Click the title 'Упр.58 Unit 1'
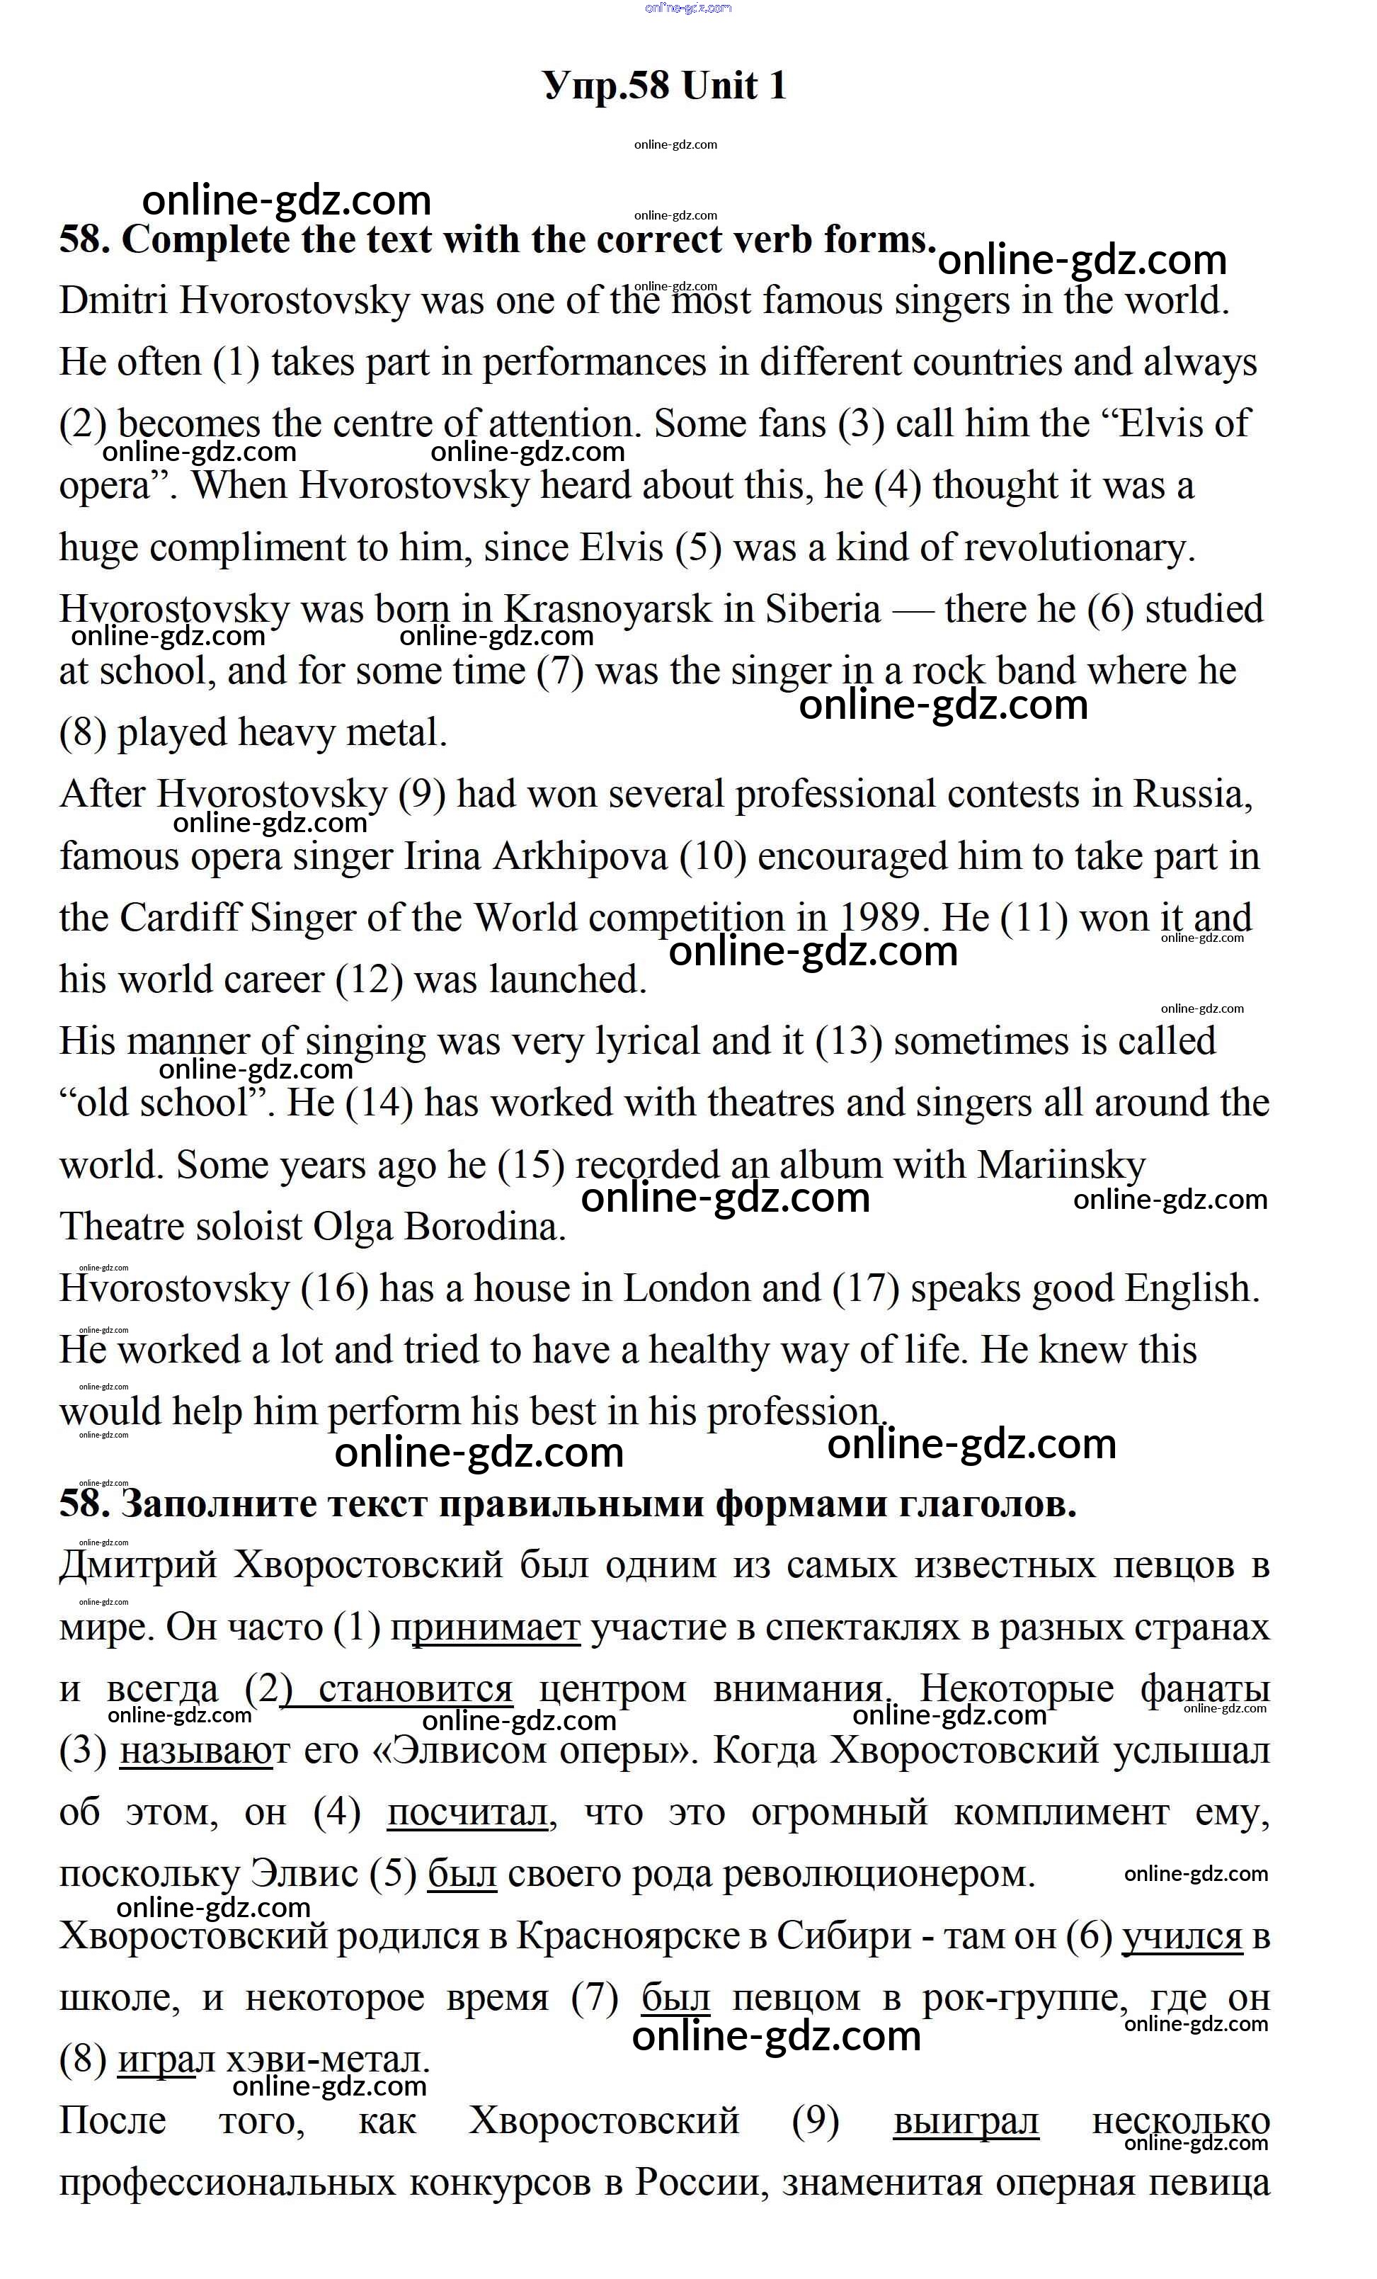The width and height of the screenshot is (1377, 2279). pos(665,86)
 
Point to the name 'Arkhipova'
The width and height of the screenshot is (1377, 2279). pos(580,856)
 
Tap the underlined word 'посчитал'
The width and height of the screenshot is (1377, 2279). pos(468,1813)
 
